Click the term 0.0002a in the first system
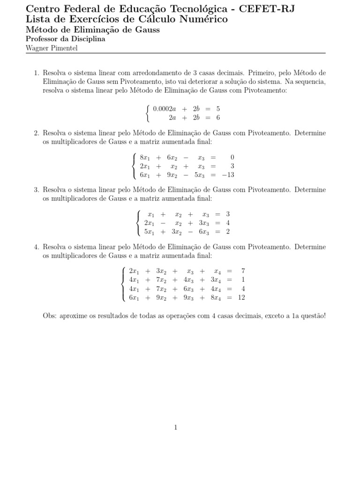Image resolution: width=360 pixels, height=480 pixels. click(x=165, y=109)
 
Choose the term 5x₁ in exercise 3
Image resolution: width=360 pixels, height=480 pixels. click(x=150, y=232)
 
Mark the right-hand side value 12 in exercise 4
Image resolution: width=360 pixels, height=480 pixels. click(x=241, y=297)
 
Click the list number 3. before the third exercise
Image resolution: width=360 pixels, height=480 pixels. click(x=37, y=190)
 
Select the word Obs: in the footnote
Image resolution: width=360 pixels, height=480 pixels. click(x=50, y=316)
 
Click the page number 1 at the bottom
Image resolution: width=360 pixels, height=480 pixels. click(x=176, y=427)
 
